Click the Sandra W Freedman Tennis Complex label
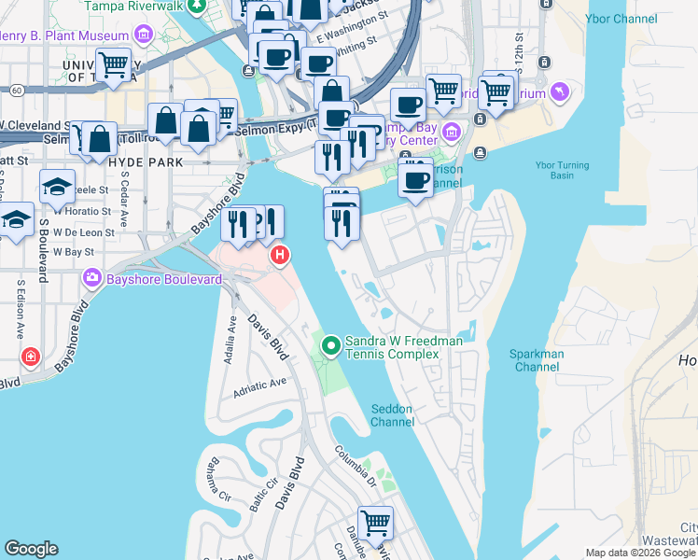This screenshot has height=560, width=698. point(404,348)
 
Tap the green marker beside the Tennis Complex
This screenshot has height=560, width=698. point(330,346)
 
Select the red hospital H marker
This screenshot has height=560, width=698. point(278,255)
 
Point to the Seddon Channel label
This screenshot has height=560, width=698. point(392,415)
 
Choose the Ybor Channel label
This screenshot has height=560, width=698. point(611,18)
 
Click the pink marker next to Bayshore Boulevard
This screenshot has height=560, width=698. point(91,277)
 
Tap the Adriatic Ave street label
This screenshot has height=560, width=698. point(260,385)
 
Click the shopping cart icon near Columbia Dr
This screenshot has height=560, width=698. point(375,523)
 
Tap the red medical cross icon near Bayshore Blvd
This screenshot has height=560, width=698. point(31,357)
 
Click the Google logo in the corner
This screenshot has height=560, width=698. point(31,549)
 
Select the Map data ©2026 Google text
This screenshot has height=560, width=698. point(640,553)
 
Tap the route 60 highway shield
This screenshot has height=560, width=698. point(18,90)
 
